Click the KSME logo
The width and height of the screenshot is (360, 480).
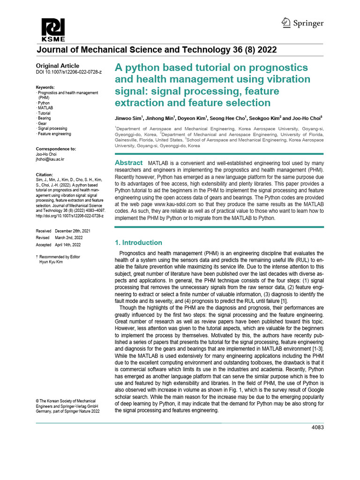pyautogui.click(x=53, y=30)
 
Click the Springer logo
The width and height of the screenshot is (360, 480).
pyautogui.click(x=302, y=23)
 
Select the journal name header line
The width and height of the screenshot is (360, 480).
pyautogui.click(x=156, y=50)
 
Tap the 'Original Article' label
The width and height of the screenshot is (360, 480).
pyautogui.click(x=58, y=66)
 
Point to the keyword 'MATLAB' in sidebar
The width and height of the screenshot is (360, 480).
pyautogui.click(x=46, y=108)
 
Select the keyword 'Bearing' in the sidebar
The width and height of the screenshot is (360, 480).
pyautogui.click(x=45, y=118)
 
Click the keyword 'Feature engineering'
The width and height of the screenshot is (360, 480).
pyautogui.click(x=55, y=134)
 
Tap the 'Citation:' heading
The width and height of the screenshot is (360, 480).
pyautogui.click(x=45, y=174)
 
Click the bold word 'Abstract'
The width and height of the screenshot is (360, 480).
pyautogui.click(x=129, y=163)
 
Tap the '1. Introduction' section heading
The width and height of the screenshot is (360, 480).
pyautogui.click(x=139, y=242)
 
